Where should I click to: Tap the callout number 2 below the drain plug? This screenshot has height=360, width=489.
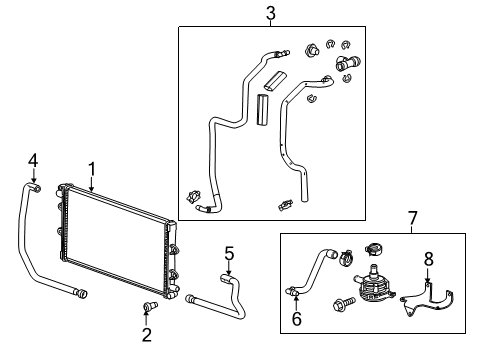pyautogui.click(x=146, y=334)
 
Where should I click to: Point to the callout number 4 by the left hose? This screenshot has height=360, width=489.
pyautogui.click(x=32, y=160)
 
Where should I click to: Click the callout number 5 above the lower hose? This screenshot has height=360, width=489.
pyautogui.click(x=229, y=253)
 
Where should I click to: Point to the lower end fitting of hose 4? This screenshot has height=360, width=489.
pyautogui.click(x=80, y=293)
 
